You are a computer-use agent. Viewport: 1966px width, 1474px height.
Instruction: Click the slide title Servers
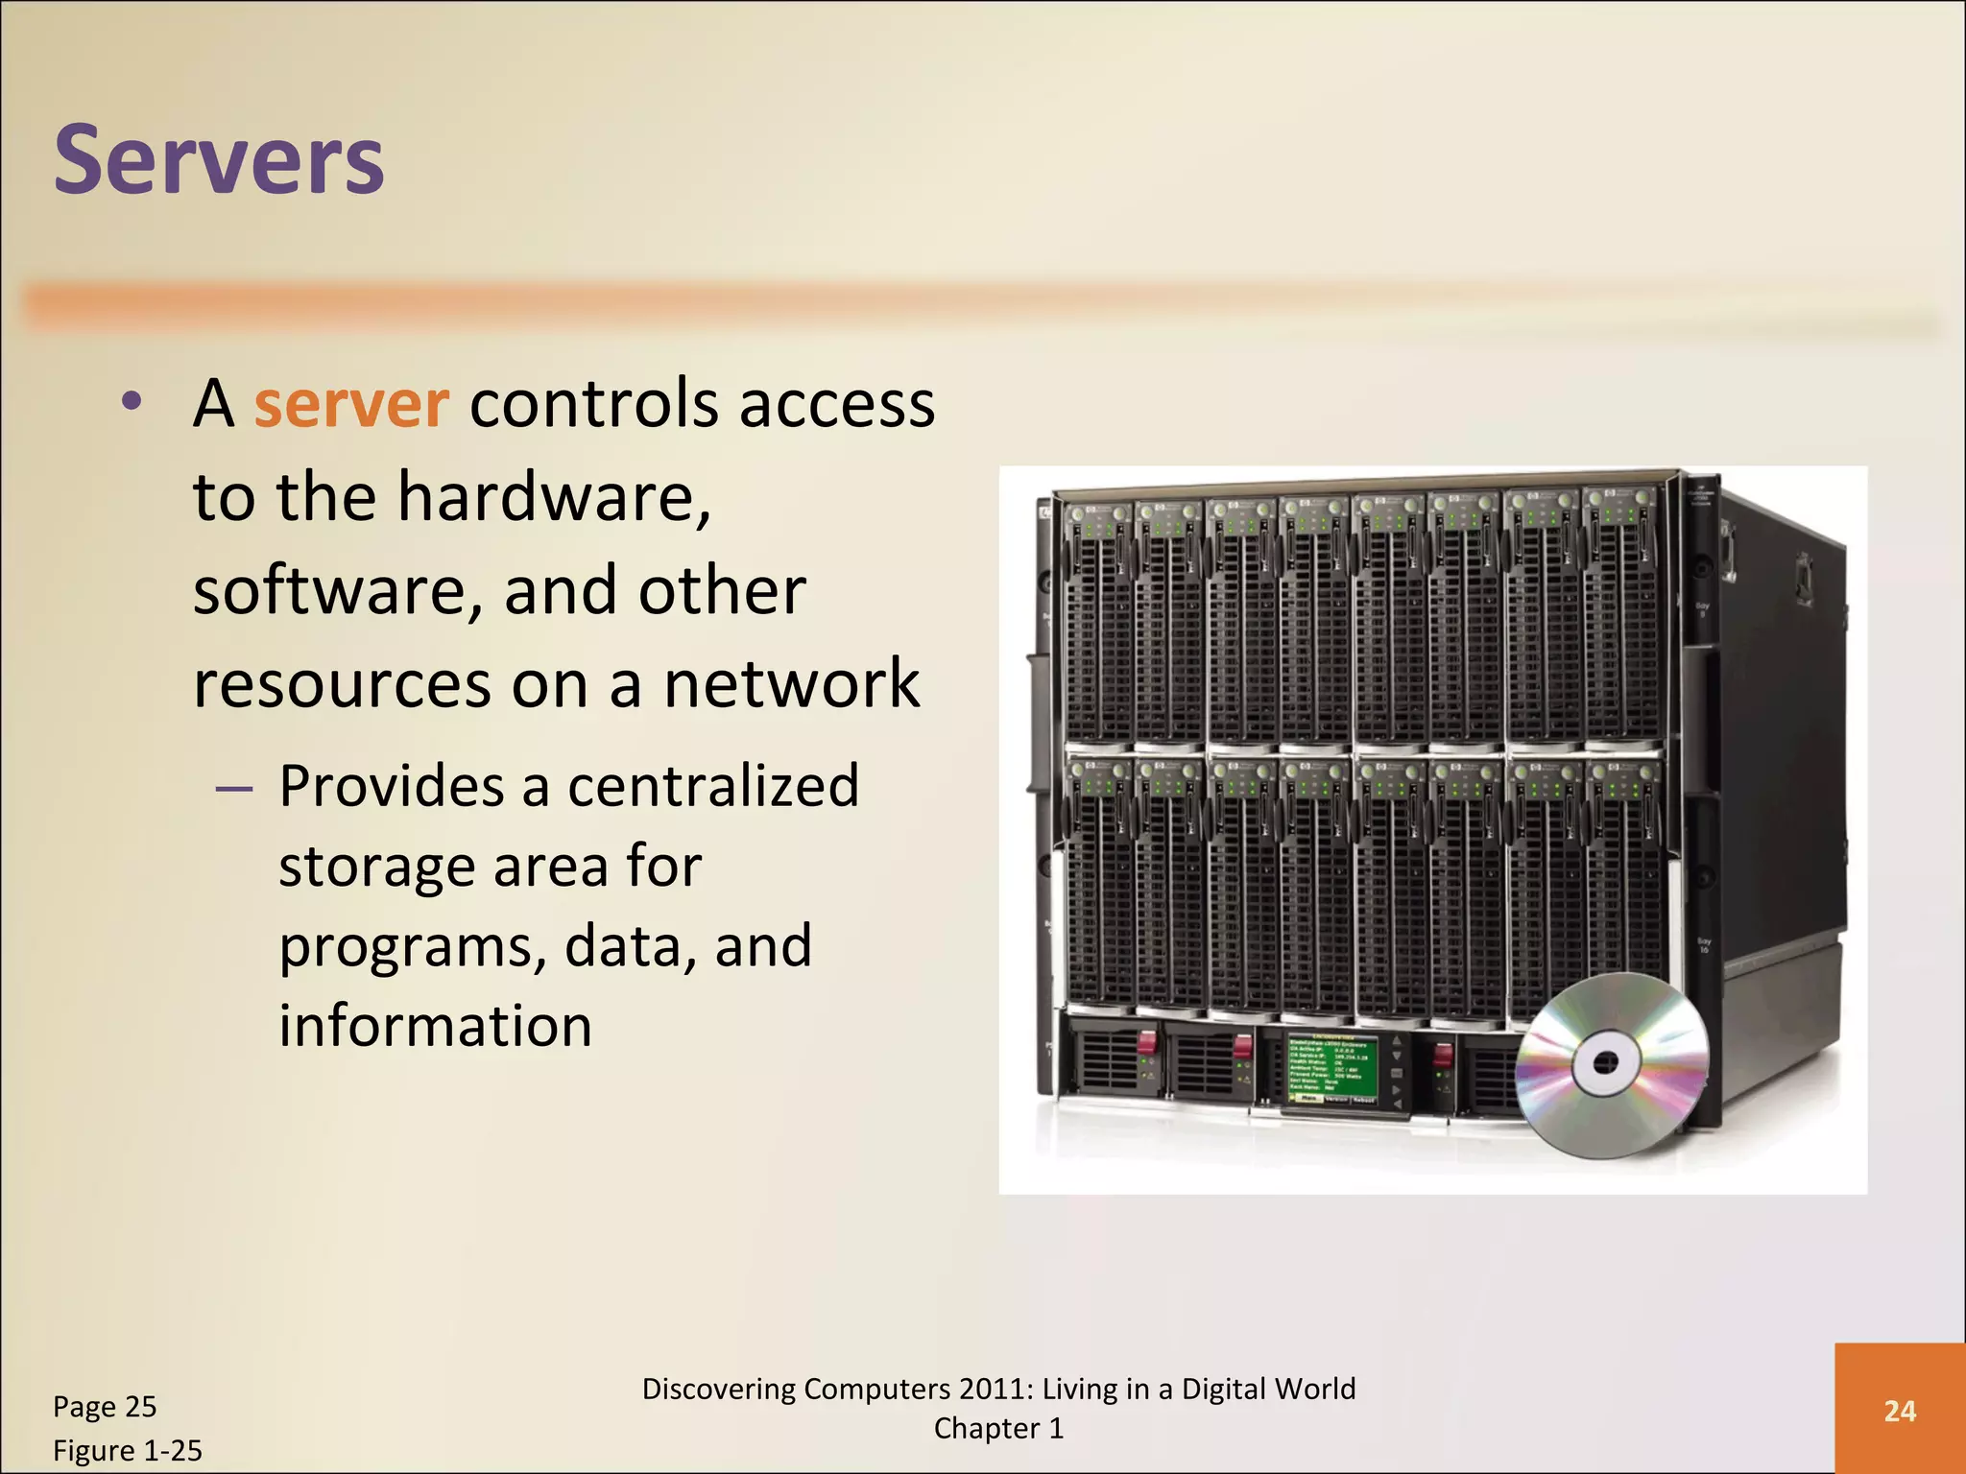pos(219,160)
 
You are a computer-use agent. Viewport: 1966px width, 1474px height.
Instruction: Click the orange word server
pos(351,404)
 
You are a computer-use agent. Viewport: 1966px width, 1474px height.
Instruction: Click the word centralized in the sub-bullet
pos(712,786)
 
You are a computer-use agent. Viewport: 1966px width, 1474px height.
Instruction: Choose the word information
pos(435,1026)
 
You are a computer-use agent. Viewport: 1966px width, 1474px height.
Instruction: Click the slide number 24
pos(1900,1411)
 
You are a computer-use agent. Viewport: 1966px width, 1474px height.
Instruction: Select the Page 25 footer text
pos(105,1407)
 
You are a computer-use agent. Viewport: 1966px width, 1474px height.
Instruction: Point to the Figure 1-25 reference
pos(128,1450)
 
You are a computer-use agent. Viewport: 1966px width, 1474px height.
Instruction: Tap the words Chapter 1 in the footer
pos(998,1429)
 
